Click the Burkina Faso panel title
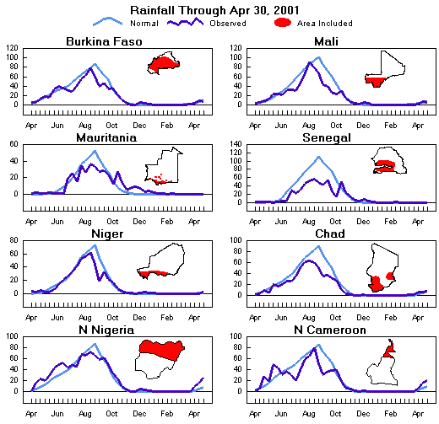[104, 41]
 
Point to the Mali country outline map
[388, 68]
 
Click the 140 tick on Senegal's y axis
[240, 145]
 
